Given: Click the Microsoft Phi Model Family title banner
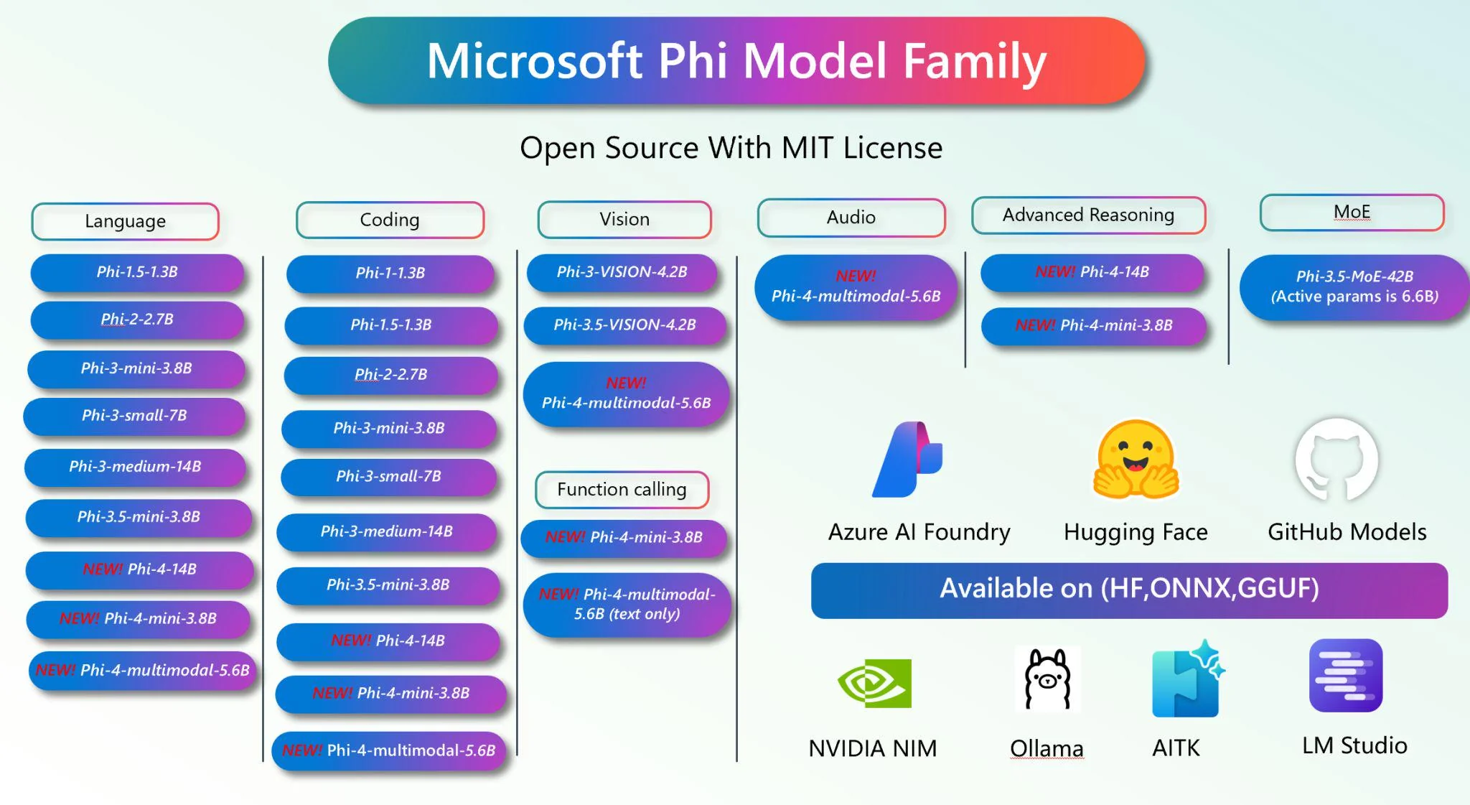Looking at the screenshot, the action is pyautogui.click(x=736, y=60).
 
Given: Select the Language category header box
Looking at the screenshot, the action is pyautogui.click(x=126, y=221).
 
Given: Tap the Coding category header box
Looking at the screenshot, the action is pyautogui.click(x=390, y=220).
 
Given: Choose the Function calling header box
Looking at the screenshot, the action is pyautogui.click(x=622, y=489).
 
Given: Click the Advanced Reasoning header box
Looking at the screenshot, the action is pyautogui.click(x=1089, y=215).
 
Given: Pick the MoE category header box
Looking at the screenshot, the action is pyautogui.click(x=1352, y=212).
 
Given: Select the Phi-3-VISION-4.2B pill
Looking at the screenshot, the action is pyautogui.click(x=622, y=272).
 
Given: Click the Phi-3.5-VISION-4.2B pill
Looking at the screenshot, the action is pyautogui.click(x=624, y=325).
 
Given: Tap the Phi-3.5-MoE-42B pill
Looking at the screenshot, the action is pyautogui.click(x=1355, y=287).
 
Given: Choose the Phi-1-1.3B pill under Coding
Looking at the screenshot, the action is pyautogui.click(x=390, y=273).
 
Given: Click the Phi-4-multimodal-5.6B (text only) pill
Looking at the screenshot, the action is pyautogui.click(x=627, y=604).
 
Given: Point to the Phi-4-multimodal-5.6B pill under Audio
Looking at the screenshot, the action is pyautogui.click(x=856, y=287).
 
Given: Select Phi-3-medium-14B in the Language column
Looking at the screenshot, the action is pyautogui.click(x=135, y=467).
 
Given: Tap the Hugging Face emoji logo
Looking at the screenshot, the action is pyautogui.click(x=1136, y=460).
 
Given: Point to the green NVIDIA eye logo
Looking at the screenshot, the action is pyautogui.click(x=874, y=683).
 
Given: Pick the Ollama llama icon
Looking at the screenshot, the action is pyautogui.click(x=1047, y=679).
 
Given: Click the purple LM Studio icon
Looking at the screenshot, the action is pyautogui.click(x=1346, y=675).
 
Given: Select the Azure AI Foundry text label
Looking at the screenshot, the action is pyautogui.click(x=919, y=532).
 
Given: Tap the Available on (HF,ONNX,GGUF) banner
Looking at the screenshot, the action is pyautogui.click(x=1129, y=590).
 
